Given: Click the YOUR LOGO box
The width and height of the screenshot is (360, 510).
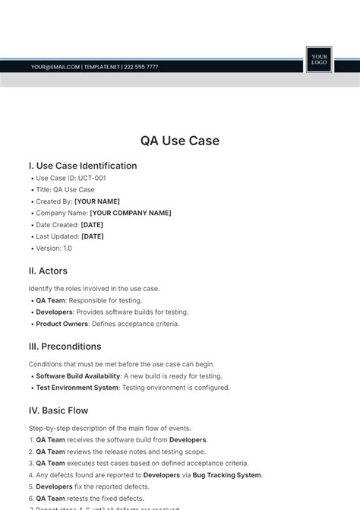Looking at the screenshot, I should click(319, 59).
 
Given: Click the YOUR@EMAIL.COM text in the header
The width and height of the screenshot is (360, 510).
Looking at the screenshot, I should click(55, 67).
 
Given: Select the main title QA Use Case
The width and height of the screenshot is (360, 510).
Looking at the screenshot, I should click(180, 141).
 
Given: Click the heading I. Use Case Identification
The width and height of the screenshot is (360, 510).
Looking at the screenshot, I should click(83, 166).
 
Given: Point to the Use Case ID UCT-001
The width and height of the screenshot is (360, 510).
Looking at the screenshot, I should click(71, 178).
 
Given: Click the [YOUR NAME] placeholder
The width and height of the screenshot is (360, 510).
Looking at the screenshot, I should click(97, 201).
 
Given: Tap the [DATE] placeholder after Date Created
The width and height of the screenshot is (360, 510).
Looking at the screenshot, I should click(92, 225).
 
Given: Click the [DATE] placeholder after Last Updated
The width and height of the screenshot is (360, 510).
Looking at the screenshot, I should click(93, 236).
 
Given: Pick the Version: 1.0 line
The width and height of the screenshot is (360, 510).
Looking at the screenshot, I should click(54, 248).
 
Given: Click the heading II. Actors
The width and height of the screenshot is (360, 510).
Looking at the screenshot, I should click(48, 271).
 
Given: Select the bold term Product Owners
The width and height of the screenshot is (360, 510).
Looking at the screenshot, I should click(62, 324).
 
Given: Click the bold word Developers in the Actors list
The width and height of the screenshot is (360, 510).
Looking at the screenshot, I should click(55, 312).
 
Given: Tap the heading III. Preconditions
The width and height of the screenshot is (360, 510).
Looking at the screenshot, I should click(65, 347).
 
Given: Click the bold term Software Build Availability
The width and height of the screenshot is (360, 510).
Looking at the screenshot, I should click(78, 375).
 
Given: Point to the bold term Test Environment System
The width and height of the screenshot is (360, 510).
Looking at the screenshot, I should click(77, 388).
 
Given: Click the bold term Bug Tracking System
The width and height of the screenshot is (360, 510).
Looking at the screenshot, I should click(227, 475).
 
